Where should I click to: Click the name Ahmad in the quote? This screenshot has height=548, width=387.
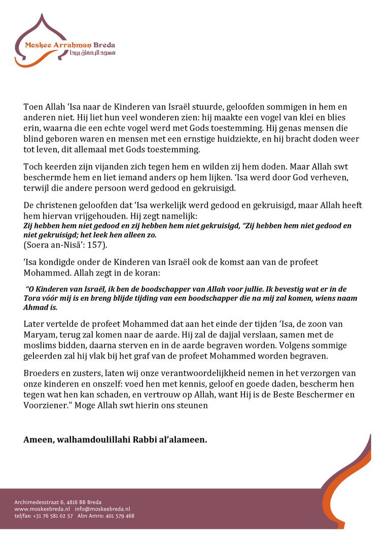pyautogui.click(x=36, y=307)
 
